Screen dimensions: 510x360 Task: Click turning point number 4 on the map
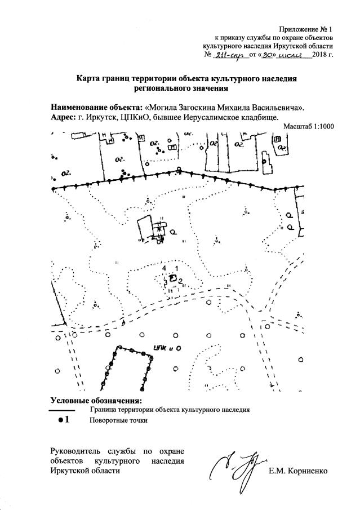pos(164,269)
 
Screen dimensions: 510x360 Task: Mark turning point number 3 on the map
pos(166,282)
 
